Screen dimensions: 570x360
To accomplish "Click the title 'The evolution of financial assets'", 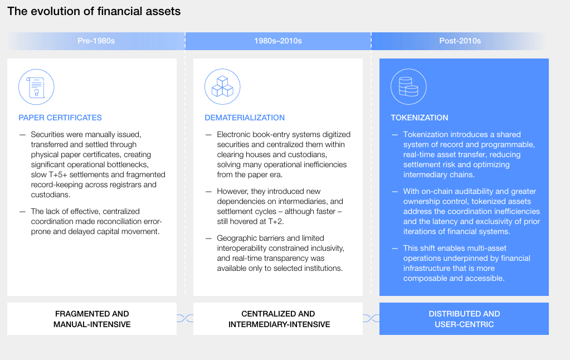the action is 94,11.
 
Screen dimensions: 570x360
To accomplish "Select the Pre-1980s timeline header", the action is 96,41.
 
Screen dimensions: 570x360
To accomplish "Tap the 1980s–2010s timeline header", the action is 278,41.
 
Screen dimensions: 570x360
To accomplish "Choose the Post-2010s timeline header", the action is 460,41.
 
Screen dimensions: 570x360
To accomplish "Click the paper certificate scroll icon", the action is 36,87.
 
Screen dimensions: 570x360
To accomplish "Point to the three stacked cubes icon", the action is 222,87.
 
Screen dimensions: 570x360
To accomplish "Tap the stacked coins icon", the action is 408,87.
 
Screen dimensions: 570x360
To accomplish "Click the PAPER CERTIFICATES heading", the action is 60,118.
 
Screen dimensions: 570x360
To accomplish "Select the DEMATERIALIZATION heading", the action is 245,118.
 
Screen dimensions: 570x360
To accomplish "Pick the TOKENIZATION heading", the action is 420,118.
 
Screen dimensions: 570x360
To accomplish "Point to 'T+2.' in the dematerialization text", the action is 276,221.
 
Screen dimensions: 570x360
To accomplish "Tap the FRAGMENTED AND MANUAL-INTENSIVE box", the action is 92,319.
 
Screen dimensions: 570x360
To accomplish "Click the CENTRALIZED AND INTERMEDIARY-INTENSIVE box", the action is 278,319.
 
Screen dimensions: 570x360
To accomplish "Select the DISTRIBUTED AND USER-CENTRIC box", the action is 464,319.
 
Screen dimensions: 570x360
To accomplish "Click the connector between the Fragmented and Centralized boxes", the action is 185,319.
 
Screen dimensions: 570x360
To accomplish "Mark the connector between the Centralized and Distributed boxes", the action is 371,319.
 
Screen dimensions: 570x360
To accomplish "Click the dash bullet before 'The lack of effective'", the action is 22,212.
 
